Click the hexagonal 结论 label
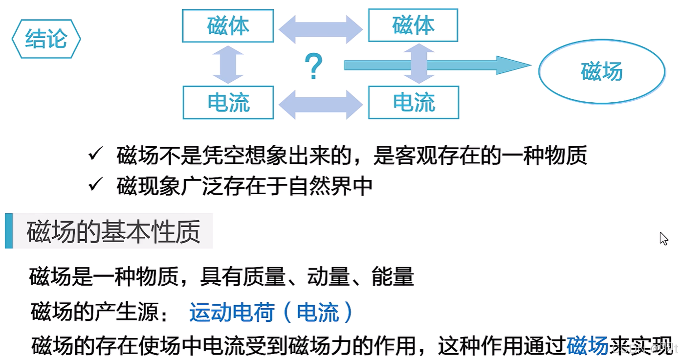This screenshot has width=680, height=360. coord(46,39)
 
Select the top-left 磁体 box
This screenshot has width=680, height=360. coord(228,26)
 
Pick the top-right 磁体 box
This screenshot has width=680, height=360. coord(413,26)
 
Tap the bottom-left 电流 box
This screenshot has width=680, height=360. coord(228,103)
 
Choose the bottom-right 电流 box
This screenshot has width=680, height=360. coord(414,103)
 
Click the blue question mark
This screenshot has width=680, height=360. coord(313,67)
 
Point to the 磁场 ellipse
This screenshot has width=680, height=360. coord(602,71)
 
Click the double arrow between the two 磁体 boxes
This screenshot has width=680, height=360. coord(321,29)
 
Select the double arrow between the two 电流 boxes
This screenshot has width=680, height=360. coord(321,105)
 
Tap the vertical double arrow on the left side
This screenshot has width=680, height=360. coord(228,65)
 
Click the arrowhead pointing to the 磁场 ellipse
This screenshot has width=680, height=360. coord(513,65)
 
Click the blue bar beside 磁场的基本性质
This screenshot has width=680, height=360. coord(9,231)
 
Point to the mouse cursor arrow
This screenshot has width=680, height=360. coord(663,238)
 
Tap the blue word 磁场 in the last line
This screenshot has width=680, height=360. coord(588,345)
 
